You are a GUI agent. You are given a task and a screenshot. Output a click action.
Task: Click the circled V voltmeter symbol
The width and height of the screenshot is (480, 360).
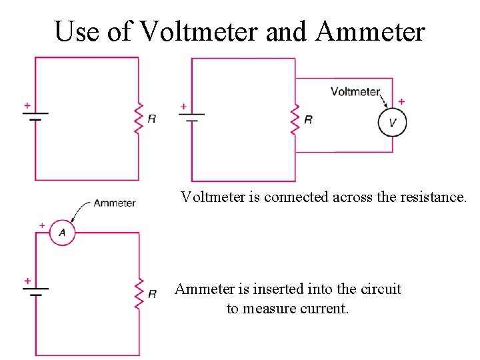(392, 123)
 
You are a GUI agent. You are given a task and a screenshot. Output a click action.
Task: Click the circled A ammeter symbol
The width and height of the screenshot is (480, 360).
(62, 233)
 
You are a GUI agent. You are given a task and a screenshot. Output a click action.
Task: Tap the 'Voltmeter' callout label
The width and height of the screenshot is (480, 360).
(355, 92)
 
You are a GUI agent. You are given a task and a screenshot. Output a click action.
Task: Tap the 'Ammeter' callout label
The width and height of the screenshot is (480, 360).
(114, 203)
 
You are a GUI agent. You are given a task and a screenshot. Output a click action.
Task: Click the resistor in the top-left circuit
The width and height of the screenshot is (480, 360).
(139, 119)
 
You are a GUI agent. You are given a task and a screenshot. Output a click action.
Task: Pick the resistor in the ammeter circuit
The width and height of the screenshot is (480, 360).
(139, 293)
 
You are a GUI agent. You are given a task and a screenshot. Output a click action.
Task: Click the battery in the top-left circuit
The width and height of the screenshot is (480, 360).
(35, 118)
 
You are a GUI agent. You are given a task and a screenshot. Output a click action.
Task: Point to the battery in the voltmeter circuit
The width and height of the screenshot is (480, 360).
(192, 118)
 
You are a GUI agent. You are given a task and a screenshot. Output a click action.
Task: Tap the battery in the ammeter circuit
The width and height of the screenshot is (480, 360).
(36, 292)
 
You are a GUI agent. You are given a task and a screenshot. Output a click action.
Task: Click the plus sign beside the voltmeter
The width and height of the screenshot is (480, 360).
(401, 102)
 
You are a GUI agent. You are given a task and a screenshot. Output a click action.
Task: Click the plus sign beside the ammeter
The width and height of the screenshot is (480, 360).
(42, 226)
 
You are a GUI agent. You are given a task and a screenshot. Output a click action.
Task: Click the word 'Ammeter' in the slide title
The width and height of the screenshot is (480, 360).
(371, 31)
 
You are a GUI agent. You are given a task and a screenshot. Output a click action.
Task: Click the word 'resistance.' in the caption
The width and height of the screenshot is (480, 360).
(435, 197)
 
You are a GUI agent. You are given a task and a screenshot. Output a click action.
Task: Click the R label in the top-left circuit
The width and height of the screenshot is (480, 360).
(152, 119)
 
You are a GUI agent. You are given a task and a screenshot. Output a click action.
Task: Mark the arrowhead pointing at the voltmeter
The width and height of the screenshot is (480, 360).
(386, 107)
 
